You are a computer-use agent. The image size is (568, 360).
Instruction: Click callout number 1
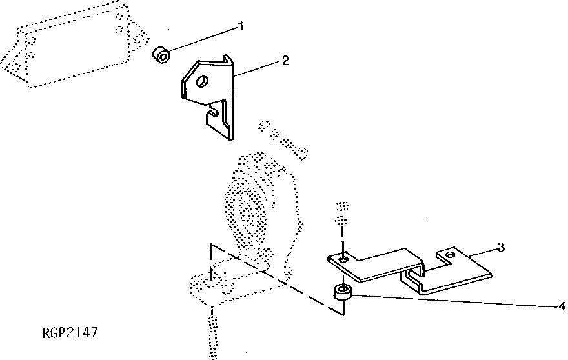[x=241, y=26]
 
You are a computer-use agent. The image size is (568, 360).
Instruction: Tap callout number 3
[x=500, y=247]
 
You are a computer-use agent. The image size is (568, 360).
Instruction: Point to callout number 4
[x=562, y=306]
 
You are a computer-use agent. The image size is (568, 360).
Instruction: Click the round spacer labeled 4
[x=342, y=294]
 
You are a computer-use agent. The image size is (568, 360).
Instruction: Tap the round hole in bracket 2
[x=202, y=82]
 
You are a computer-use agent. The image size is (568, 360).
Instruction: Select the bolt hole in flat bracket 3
[x=343, y=259]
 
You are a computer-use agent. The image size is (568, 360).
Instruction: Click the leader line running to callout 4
[x=452, y=300]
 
